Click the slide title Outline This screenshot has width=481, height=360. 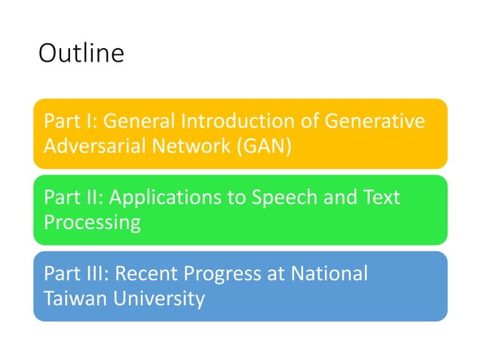tap(81, 54)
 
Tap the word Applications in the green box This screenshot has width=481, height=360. tap(158, 197)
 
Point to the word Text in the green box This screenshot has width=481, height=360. tap(381, 197)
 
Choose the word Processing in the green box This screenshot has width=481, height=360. tap(92, 222)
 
